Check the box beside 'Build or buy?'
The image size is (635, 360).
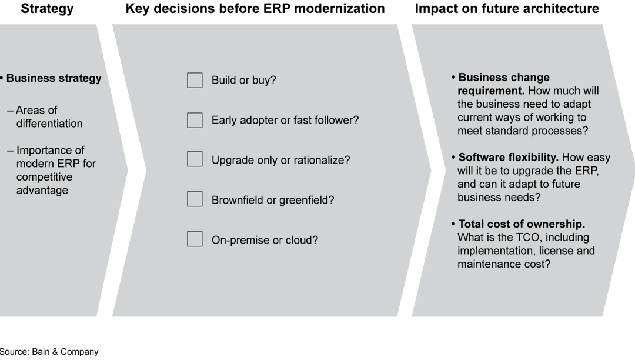tap(195, 80)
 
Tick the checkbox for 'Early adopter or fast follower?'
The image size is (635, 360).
tap(195, 120)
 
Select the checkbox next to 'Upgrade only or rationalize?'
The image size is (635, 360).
tap(195, 159)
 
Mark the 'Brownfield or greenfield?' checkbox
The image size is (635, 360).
tap(195, 199)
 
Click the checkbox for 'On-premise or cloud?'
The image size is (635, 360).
tap(195, 239)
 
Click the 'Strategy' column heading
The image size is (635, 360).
tap(47, 9)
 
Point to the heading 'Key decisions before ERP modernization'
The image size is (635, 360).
tap(255, 9)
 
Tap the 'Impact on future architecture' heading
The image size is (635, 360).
tap(507, 9)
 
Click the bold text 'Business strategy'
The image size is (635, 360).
tap(54, 78)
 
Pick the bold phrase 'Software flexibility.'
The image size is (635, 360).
tap(509, 158)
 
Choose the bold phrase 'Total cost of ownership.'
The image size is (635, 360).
tap(522, 224)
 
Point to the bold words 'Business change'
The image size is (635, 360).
tap(504, 78)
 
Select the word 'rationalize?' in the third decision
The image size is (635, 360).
tap(322, 160)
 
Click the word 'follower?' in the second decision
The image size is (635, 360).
tap(337, 120)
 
